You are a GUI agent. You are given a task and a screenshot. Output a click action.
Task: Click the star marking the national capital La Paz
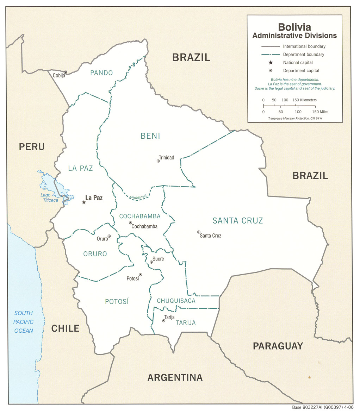[x=84, y=202]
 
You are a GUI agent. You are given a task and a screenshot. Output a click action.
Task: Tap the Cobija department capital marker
[x=65, y=72]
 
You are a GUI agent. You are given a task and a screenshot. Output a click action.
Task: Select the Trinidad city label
[x=166, y=157]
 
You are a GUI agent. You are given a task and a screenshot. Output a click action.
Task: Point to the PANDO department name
[x=101, y=73]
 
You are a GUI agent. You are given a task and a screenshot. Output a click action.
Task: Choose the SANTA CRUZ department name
[x=238, y=221]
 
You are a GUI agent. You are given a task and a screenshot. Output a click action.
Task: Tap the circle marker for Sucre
[x=151, y=262]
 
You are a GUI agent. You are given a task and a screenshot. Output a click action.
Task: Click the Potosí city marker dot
[x=141, y=275]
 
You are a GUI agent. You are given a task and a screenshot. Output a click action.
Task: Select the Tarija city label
[x=169, y=317]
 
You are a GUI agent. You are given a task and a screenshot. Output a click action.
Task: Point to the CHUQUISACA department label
[x=176, y=301]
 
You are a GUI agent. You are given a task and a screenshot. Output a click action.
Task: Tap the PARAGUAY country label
[x=278, y=346]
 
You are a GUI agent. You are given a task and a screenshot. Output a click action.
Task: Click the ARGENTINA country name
[x=175, y=377]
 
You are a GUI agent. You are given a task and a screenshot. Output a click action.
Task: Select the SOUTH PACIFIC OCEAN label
[x=24, y=322]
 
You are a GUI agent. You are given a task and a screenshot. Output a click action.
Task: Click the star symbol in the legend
[x=271, y=63]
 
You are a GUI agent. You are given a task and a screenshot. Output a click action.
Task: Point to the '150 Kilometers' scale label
[x=305, y=100]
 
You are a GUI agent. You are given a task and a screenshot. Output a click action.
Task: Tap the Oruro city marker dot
[x=109, y=236]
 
